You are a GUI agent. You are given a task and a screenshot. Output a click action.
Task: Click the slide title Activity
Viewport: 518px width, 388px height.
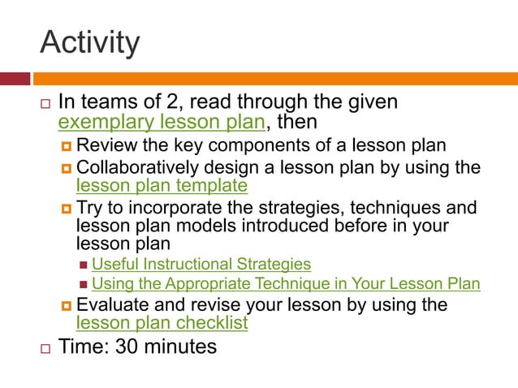(89, 42)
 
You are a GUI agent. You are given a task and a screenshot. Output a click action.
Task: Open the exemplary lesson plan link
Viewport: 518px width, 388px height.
(162, 123)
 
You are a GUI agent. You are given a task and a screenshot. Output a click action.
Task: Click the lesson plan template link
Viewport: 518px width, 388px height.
(162, 186)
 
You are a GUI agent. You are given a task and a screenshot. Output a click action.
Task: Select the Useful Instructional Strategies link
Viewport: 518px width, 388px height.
(201, 264)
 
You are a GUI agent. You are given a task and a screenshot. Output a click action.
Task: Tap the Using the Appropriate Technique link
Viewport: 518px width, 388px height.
(286, 283)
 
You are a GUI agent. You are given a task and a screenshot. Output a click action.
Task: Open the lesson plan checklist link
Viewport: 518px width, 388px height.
(162, 322)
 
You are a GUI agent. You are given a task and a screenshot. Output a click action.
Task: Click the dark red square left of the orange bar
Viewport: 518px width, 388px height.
(15, 79)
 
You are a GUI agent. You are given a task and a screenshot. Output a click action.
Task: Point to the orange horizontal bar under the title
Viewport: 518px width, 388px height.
(276, 79)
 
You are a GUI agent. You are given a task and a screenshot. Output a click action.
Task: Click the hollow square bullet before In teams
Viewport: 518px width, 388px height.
(45, 105)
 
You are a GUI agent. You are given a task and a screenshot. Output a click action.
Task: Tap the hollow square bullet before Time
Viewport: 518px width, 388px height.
(45, 348)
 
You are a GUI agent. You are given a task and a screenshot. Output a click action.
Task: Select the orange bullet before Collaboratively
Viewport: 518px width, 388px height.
(67, 169)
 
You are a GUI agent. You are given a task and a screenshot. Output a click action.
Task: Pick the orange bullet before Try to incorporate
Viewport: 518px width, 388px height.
(67, 209)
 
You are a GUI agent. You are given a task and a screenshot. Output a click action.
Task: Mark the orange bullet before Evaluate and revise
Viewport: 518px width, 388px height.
(67, 306)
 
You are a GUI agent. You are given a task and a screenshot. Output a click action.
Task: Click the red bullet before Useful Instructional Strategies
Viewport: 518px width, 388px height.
(84, 265)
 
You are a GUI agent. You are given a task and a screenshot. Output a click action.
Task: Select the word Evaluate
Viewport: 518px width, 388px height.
(110, 305)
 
